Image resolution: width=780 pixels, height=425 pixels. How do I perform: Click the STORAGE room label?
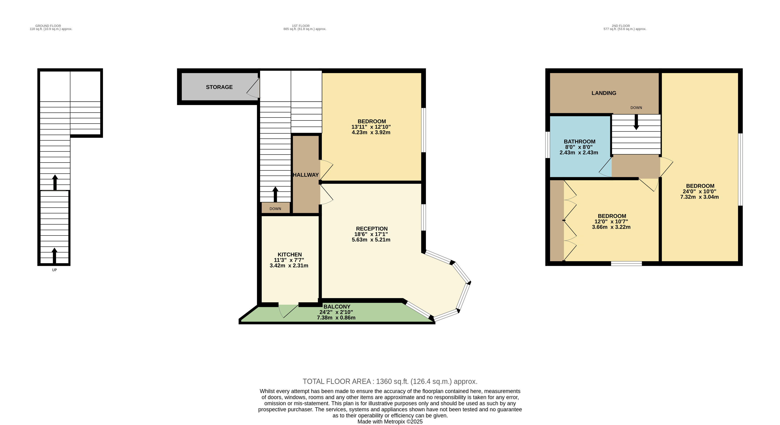click(219, 87)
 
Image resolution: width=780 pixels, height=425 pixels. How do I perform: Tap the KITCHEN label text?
click(290, 255)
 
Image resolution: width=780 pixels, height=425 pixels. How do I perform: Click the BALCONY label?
click(337, 307)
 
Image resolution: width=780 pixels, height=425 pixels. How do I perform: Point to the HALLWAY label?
click(306, 175)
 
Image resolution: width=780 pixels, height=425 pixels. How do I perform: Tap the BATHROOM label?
click(579, 142)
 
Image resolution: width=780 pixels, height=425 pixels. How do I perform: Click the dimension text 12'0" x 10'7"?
click(611, 222)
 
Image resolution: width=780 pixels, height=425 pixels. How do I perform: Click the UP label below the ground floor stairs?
click(54, 270)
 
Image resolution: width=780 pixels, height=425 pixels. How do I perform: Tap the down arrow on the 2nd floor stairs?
click(636, 122)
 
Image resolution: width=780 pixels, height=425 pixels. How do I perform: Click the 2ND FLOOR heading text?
click(621, 26)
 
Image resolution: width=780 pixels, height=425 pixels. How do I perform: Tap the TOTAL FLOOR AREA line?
click(390, 381)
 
